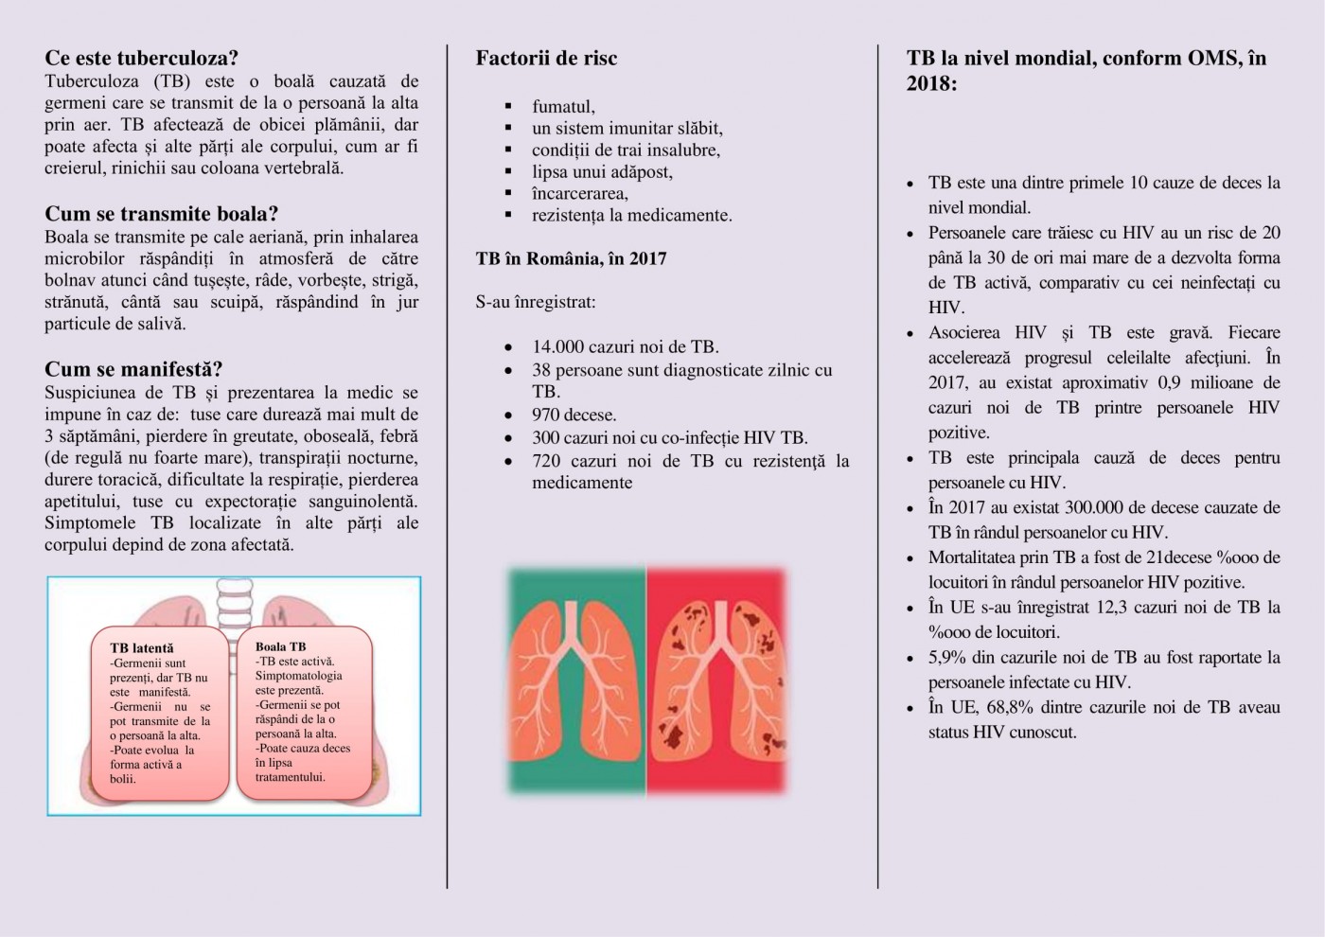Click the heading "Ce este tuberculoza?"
click(141, 58)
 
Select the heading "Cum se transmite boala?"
click(161, 214)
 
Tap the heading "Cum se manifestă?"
click(133, 369)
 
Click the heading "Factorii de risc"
click(546, 58)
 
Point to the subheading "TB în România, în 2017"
click(571, 258)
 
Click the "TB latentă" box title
click(142, 648)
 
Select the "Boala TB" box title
click(280, 646)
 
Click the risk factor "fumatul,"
click(563, 106)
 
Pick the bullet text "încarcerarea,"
click(579, 193)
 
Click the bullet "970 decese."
click(574, 415)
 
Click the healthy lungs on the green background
click(576, 679)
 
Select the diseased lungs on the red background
click(717, 679)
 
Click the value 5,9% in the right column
click(947, 657)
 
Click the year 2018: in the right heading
click(931, 83)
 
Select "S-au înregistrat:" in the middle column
click(536, 303)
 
